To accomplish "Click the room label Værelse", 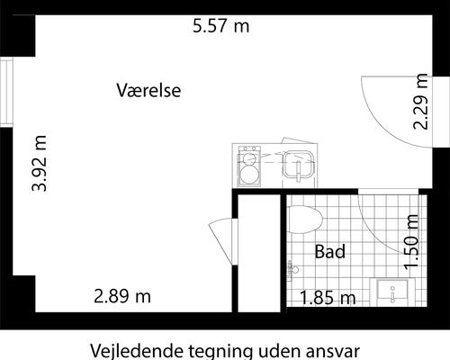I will [149, 91].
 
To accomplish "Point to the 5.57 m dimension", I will [220, 26].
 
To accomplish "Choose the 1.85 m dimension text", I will [328, 297].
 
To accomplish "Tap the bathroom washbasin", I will [392, 292].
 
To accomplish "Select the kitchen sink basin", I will [297, 166].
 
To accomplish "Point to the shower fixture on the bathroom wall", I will [292, 267].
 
